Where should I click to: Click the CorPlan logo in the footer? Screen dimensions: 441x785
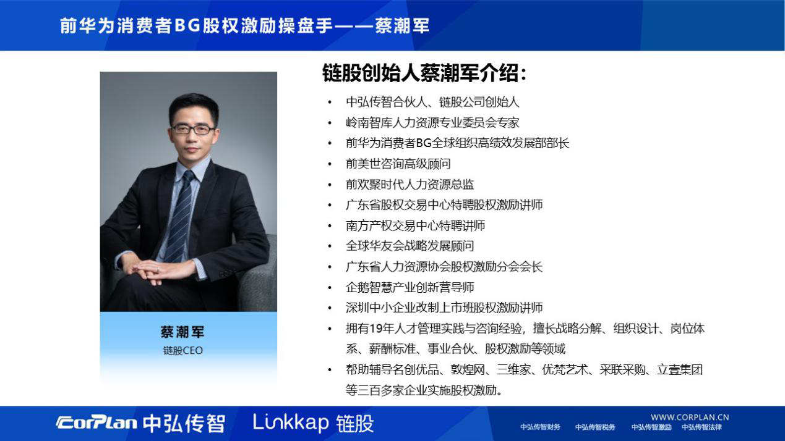click(97, 423)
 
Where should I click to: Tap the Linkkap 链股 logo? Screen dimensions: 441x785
click(313, 423)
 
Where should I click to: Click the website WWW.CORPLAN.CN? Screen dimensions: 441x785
click(689, 417)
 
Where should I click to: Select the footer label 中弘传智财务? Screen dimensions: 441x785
click(540, 427)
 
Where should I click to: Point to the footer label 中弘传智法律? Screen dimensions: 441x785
click(701, 427)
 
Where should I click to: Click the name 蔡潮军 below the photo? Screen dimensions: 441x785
click(182, 332)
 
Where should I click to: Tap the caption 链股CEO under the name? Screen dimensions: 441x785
click(182, 351)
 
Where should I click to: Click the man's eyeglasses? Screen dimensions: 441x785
click(193, 129)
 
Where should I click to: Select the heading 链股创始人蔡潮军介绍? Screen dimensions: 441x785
click(424, 74)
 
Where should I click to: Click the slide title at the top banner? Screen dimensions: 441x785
click(244, 25)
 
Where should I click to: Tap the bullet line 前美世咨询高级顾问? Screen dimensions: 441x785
click(398, 164)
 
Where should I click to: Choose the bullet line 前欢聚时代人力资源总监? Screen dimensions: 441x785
click(410, 184)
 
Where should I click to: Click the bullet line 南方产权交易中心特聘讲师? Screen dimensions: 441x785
click(415, 225)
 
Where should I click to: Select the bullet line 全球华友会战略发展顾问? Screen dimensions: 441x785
click(410, 246)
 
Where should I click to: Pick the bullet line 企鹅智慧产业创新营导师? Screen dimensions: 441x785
click(410, 287)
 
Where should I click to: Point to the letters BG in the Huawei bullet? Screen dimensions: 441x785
click(424, 143)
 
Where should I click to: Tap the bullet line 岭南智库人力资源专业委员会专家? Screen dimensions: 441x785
click(432, 122)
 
